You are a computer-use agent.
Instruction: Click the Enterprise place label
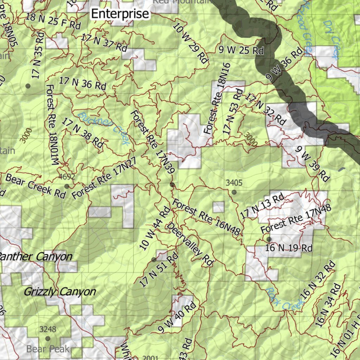point(120,14)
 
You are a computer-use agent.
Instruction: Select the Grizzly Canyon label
point(59,291)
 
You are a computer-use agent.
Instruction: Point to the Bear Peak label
point(48,349)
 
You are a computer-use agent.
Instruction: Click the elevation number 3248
point(47,329)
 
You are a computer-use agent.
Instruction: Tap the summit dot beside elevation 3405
point(234,192)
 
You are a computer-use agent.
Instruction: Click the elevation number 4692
point(67,176)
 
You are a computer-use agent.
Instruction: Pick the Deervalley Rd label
point(190,244)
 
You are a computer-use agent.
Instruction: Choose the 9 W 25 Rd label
point(241,50)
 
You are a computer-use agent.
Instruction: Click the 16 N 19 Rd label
point(289,248)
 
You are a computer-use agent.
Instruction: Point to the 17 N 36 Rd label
point(82,83)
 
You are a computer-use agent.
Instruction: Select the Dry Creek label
point(331,39)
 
